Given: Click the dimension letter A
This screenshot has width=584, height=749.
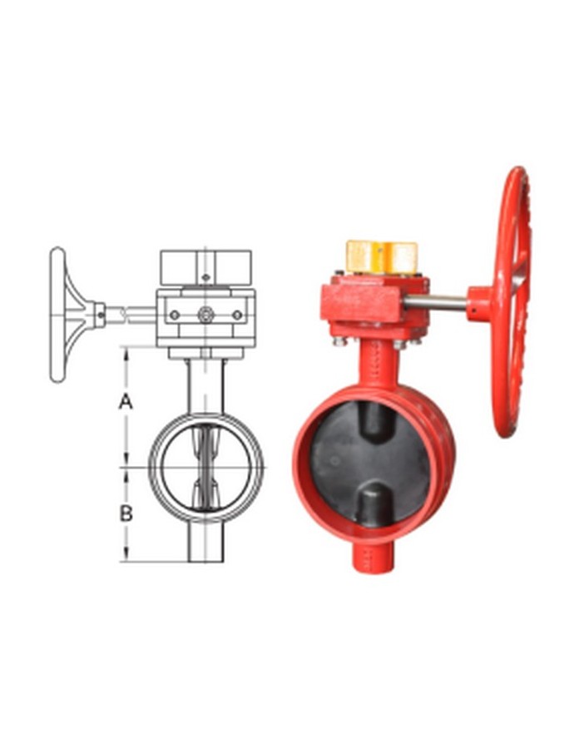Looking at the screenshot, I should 126,401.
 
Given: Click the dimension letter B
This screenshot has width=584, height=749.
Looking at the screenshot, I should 126,513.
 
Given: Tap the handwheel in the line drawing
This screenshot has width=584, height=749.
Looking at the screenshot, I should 60,315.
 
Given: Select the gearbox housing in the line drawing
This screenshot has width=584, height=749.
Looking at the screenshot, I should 205,316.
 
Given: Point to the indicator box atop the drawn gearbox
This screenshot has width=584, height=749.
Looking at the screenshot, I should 205,266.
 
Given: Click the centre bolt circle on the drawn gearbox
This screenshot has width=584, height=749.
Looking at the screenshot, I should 205,315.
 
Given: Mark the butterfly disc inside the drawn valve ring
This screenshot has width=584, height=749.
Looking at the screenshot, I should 205,466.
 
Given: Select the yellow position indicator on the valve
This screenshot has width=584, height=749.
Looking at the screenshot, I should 381,257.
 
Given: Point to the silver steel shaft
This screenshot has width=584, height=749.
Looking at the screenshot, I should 436,300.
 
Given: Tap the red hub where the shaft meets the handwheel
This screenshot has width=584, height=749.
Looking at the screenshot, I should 480,301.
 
